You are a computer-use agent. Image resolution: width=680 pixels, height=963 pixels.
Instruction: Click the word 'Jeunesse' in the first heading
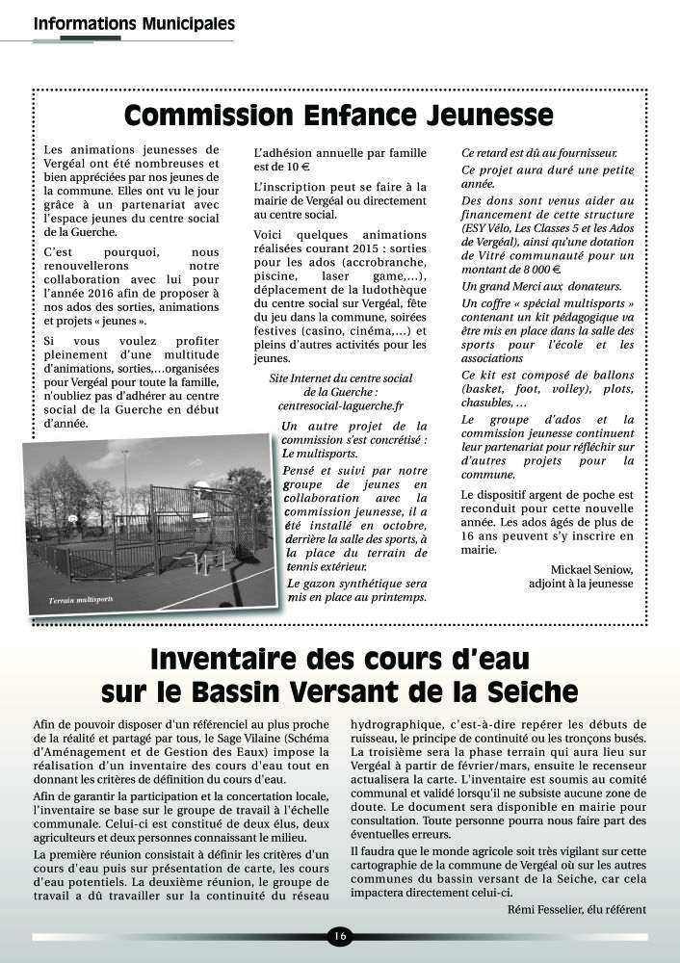(489, 116)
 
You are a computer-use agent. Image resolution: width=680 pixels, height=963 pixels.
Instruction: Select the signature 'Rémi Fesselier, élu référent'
(576, 909)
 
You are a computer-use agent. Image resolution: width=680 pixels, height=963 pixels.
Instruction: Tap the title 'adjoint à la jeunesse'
(582, 583)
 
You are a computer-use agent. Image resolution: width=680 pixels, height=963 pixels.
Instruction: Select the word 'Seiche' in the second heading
(534, 691)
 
